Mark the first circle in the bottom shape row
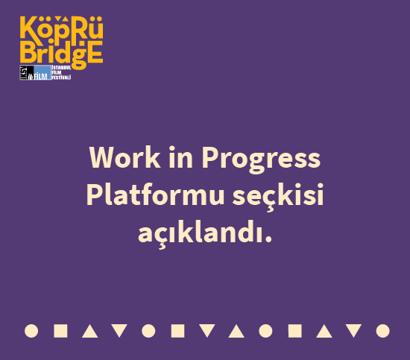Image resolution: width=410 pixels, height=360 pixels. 31,330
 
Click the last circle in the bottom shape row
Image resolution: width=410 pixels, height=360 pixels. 383,330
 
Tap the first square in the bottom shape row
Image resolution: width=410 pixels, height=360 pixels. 61,330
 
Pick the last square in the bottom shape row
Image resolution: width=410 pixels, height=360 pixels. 295,330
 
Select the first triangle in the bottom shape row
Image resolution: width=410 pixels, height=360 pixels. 90,330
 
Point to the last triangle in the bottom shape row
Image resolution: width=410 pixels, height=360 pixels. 354,330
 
